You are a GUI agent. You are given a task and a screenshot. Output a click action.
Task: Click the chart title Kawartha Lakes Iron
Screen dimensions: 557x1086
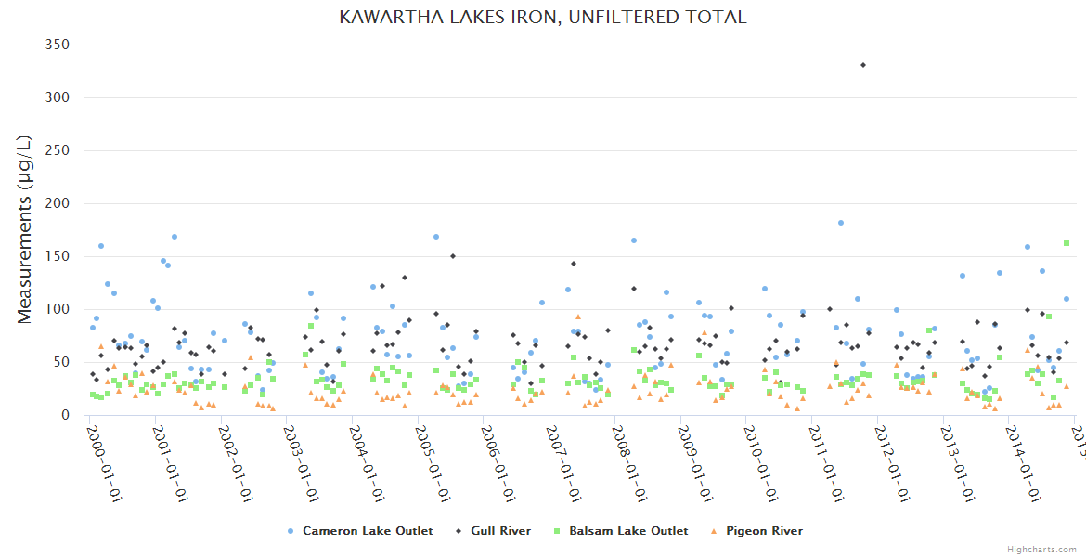(543, 18)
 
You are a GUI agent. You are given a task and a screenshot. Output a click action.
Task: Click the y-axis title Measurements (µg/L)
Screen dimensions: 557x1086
(25, 228)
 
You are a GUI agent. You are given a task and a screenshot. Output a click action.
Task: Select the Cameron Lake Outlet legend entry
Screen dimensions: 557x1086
(360, 531)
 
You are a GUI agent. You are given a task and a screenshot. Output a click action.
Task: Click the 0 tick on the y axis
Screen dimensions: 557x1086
(67, 415)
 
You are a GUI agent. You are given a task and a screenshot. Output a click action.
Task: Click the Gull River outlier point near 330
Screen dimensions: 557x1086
(863, 65)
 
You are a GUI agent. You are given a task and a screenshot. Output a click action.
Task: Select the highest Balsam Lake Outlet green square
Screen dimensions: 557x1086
(1067, 243)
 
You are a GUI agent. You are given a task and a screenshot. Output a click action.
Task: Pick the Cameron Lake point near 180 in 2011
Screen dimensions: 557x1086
(840, 223)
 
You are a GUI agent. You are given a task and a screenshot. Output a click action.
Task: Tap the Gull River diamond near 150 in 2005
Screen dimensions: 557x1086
(453, 256)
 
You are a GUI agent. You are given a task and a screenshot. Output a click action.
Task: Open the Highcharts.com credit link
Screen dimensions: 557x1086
(1041, 550)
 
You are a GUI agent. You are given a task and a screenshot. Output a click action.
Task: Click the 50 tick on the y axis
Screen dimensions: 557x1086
(61, 362)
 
